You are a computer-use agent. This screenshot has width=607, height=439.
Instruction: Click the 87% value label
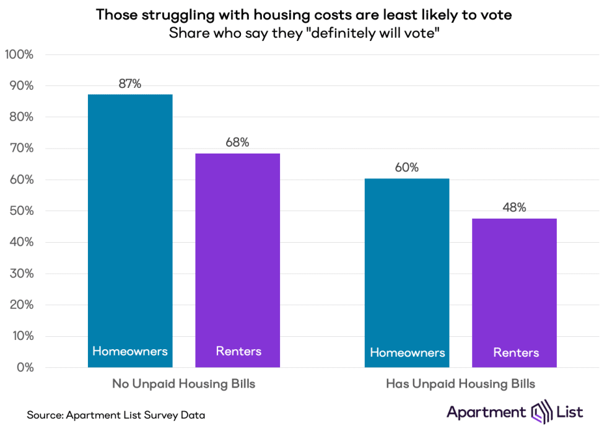click(130, 84)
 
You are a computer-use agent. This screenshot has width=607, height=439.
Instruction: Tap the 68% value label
click(237, 142)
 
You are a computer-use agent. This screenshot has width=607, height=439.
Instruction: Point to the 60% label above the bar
click(406, 168)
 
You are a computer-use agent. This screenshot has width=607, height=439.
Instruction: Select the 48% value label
click(514, 208)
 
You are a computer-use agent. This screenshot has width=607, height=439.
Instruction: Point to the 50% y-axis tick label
click(21, 211)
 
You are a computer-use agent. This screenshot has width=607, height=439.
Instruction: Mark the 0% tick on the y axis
click(25, 368)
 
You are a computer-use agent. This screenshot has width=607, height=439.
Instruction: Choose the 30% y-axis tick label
click(21, 274)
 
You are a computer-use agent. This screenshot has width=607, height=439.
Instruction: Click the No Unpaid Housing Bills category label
click(183, 384)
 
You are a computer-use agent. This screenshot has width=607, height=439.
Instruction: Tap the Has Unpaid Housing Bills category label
click(460, 384)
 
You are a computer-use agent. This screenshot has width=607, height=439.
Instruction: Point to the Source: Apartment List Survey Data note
click(116, 415)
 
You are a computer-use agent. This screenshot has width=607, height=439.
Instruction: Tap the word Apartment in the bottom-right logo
click(486, 412)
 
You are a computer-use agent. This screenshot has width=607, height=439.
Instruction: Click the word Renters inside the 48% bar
click(516, 353)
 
